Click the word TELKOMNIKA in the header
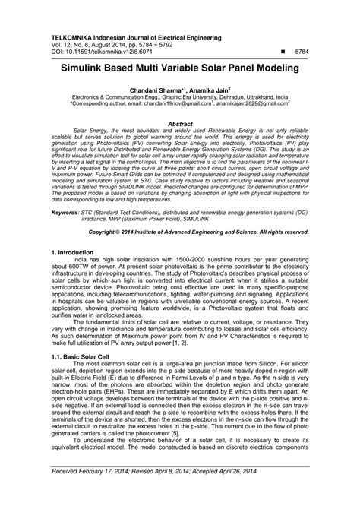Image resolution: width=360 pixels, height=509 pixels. point(71,36)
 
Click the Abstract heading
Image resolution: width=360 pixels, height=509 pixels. point(179,123)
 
